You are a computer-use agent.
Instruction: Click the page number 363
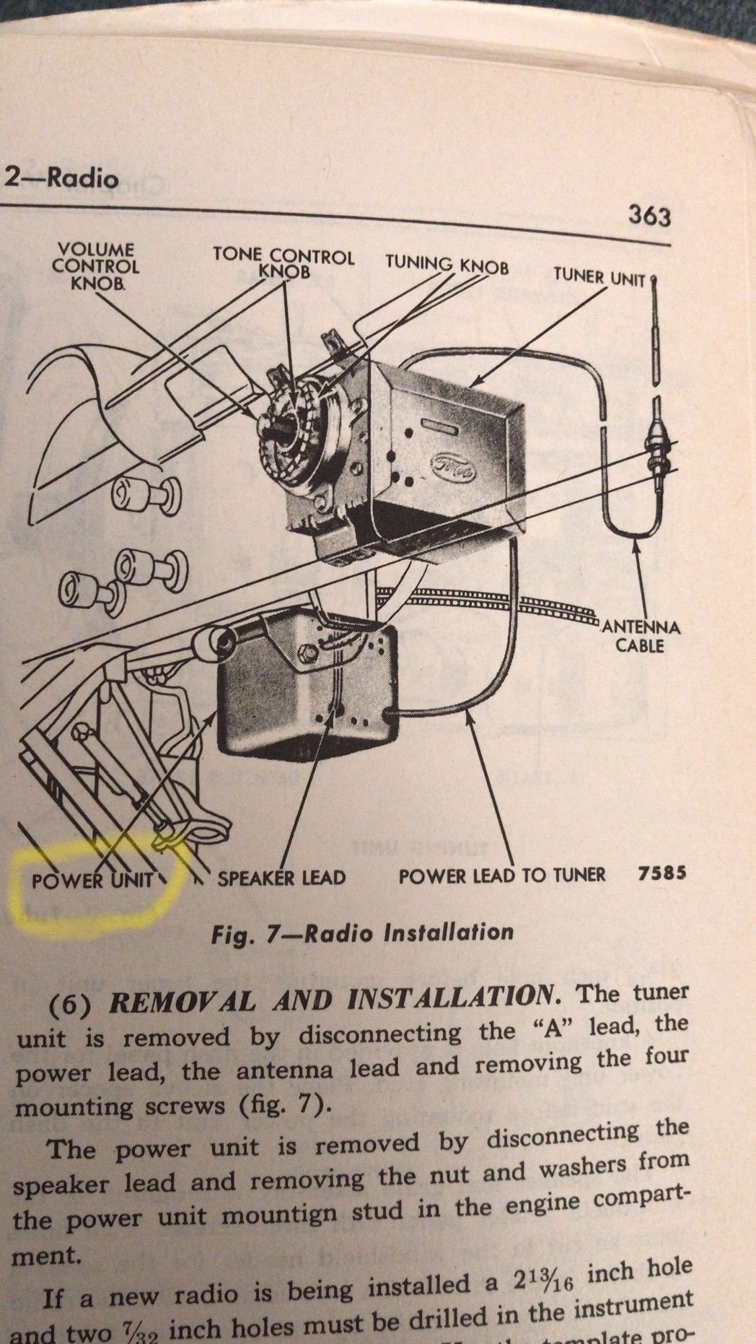649,216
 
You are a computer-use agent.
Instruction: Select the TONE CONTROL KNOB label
283,263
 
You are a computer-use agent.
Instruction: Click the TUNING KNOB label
447,265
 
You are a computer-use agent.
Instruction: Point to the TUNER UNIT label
599,276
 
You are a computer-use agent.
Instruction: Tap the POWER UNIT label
93,880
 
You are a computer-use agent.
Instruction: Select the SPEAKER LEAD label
281,878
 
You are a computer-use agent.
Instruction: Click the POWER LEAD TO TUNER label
511,876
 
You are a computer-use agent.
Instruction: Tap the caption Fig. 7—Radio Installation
363,932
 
